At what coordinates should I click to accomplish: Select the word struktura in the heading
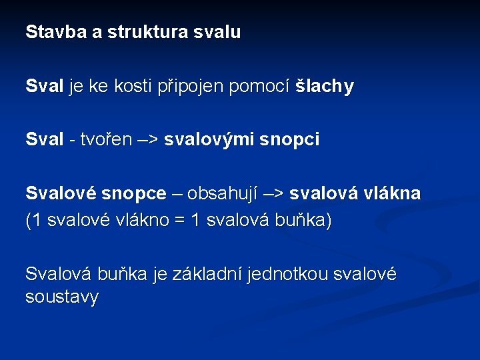coord(147,32)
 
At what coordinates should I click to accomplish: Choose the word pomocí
coord(261,87)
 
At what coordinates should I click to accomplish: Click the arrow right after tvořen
coord(147,140)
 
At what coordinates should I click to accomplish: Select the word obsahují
coord(220,194)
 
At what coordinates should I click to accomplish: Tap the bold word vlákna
coord(393,194)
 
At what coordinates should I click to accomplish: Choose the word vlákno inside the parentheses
coord(141,221)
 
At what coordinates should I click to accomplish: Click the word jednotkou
coord(288,274)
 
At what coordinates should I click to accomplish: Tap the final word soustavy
coord(61,297)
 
